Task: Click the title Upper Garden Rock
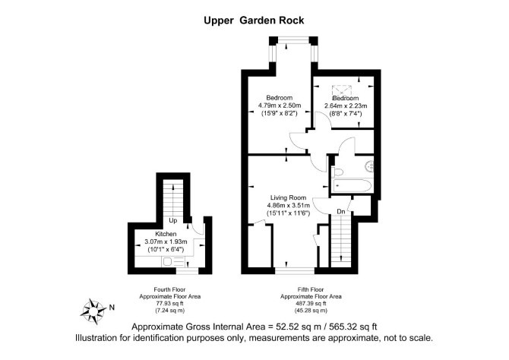click(x=254, y=21)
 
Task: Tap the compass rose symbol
click(x=93, y=311)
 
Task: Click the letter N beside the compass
click(x=112, y=307)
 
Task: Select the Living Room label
click(x=288, y=197)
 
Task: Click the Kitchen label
click(x=166, y=234)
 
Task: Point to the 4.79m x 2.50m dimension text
click(x=280, y=106)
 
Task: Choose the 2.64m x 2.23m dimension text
click(x=346, y=106)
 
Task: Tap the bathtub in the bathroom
click(x=353, y=186)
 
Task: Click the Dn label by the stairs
click(x=341, y=212)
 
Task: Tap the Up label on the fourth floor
click(x=173, y=220)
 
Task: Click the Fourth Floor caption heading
click(x=169, y=289)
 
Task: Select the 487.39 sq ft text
click(x=311, y=304)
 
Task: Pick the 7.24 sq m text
click(x=169, y=311)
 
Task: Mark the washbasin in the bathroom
click(x=370, y=166)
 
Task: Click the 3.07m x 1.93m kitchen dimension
click(x=166, y=242)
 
